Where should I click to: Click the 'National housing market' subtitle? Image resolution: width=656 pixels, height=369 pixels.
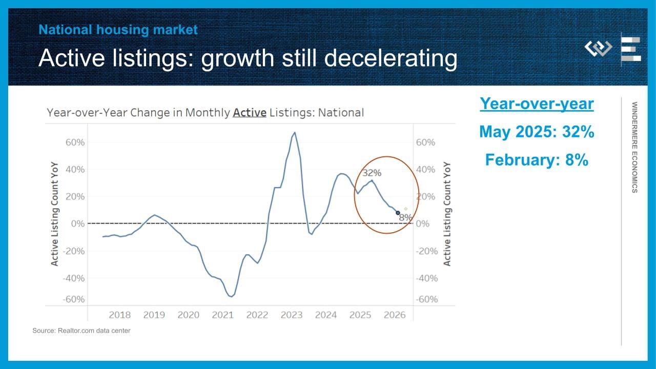[118, 30]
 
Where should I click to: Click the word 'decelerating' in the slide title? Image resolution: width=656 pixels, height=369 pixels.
[390, 58]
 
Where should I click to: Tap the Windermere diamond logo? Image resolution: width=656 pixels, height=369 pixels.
[598, 49]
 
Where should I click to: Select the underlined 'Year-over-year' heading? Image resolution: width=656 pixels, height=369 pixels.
[537, 104]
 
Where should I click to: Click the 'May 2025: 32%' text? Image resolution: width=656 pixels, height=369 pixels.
[537, 132]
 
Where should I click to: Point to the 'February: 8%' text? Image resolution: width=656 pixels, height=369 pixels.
[537, 160]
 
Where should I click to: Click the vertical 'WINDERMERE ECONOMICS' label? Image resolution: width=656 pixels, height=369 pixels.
[634, 147]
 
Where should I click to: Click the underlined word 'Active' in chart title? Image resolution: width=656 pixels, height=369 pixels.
[250, 113]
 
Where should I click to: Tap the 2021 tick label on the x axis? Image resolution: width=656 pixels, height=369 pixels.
[223, 315]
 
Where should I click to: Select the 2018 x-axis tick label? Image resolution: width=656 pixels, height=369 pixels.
[119, 315]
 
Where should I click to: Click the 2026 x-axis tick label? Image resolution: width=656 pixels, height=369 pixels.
[395, 315]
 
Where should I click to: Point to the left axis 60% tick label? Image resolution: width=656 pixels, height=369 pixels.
[75, 142]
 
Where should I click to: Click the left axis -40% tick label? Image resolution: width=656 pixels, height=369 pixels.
[73, 278]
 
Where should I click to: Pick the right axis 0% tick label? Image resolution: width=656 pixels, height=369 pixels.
[422, 224]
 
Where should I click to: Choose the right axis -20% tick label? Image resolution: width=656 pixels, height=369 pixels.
[426, 251]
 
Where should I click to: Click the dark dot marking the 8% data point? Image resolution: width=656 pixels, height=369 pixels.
[398, 213]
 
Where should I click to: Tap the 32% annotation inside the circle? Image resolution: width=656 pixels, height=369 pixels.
[372, 173]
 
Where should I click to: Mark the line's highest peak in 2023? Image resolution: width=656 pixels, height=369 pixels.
[294, 132]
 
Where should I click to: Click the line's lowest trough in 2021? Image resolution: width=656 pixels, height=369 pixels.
[232, 296]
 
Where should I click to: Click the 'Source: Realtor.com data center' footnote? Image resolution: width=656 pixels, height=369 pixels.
[81, 331]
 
